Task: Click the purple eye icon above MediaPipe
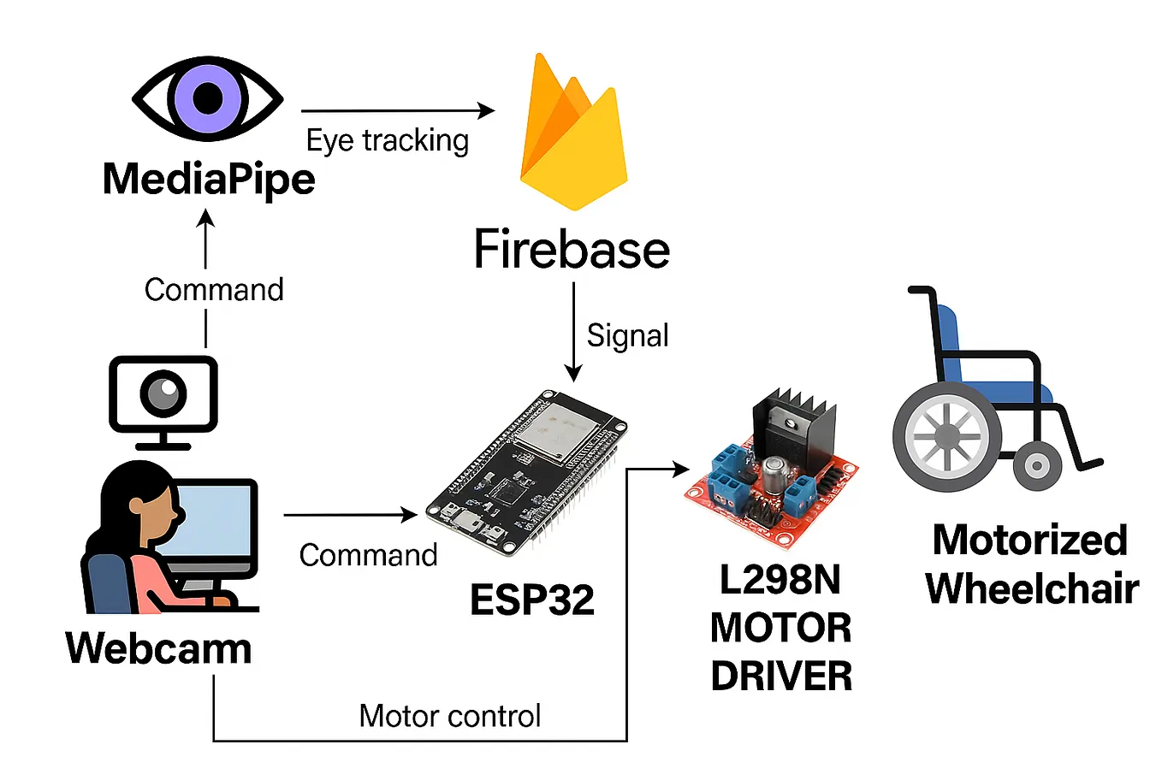pyautogui.click(x=208, y=98)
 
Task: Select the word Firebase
pyautogui.click(x=572, y=250)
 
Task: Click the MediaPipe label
pyautogui.click(x=209, y=180)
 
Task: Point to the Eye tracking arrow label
pyautogui.click(x=388, y=141)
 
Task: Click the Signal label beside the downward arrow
pyautogui.click(x=627, y=335)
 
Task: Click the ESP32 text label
pyautogui.click(x=531, y=600)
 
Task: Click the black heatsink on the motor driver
pyautogui.click(x=791, y=423)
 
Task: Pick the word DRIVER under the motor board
pyautogui.click(x=781, y=677)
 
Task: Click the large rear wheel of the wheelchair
pyautogui.click(x=947, y=437)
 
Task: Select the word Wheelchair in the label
pyautogui.click(x=1032, y=588)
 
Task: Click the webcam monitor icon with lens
pyautogui.click(x=163, y=397)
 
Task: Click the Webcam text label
pyautogui.click(x=159, y=648)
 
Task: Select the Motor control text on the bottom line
pyautogui.click(x=450, y=716)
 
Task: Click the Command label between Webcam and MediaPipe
pyautogui.click(x=214, y=290)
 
